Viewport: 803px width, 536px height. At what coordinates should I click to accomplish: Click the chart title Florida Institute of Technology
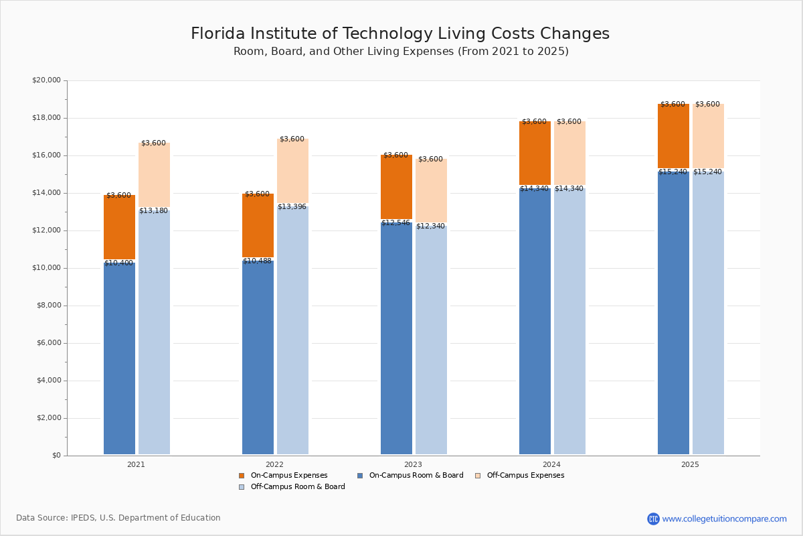point(400,34)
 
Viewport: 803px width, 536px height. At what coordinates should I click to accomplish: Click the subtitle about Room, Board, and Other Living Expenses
point(401,52)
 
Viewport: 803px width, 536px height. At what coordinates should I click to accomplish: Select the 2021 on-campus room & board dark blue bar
point(119,358)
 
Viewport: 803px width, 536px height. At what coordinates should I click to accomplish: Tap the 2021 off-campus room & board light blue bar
point(154,335)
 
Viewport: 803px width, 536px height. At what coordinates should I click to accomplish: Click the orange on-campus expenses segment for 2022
point(258,226)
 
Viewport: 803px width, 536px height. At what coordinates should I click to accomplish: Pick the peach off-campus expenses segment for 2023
point(431,192)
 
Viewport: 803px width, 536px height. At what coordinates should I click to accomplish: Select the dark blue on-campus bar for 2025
point(673,315)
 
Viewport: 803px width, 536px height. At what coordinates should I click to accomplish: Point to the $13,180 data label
point(153,211)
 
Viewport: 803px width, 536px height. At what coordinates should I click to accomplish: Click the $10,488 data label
point(257,261)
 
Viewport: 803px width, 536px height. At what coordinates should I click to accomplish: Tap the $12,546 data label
point(395,222)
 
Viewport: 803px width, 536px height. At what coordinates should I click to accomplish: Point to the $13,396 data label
point(292,207)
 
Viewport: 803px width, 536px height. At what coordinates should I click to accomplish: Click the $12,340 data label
point(430,226)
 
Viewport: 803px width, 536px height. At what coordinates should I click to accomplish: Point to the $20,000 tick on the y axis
point(46,80)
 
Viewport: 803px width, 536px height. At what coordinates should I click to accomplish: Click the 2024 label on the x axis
point(551,464)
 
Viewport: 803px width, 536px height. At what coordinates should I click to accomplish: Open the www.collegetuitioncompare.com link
point(724,519)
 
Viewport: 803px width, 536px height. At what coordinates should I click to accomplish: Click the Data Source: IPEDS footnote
point(118,518)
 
